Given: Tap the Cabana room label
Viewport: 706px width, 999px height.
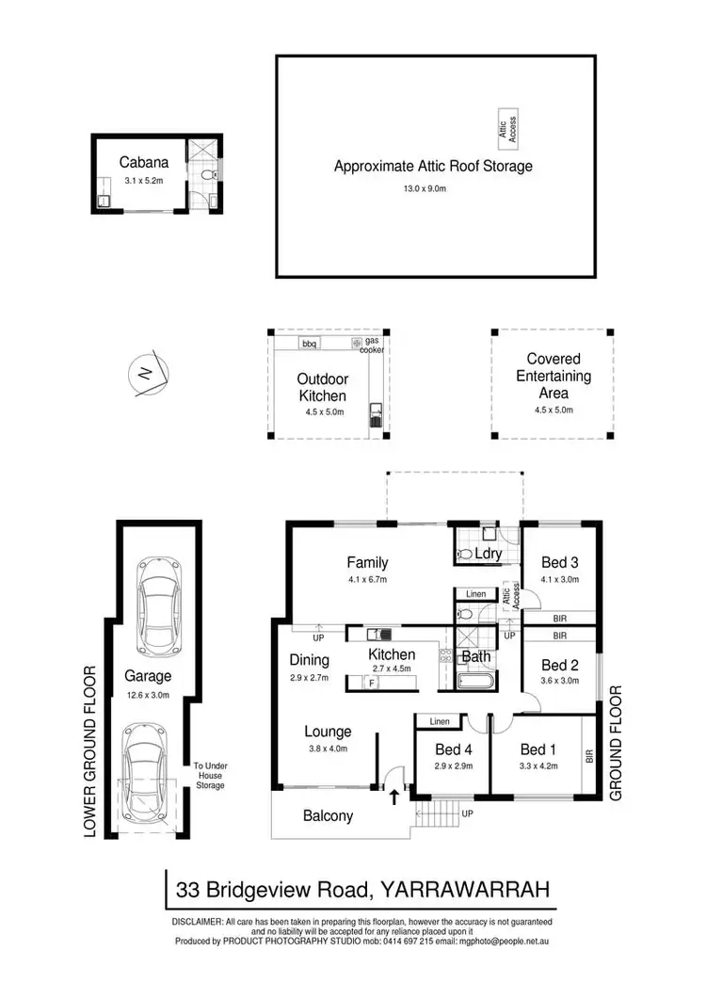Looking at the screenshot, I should pos(136,162).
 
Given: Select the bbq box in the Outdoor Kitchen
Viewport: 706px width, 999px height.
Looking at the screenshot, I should pos(309,343).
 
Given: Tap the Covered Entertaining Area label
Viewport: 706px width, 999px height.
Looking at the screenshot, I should pos(553,376).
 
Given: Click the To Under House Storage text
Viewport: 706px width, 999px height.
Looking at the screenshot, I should pos(210,776).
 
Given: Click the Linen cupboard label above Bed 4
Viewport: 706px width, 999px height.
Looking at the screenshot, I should pos(439,721).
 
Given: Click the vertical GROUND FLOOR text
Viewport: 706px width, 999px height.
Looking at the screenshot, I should pos(617,743).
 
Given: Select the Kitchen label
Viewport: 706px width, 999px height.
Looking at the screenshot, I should pos(392,654).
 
